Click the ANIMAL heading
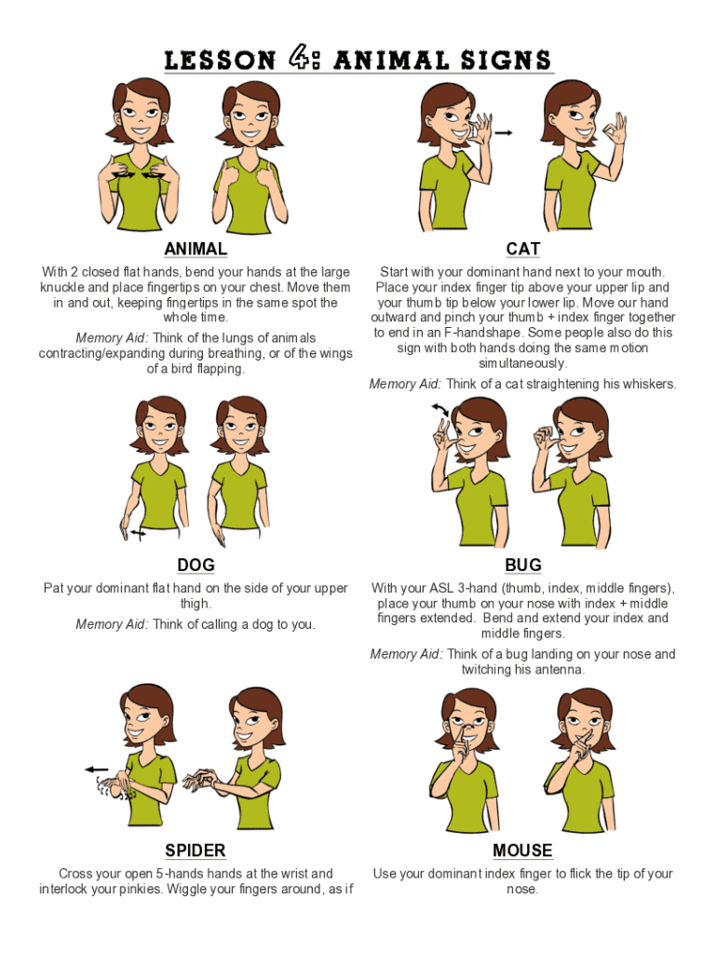coord(196,249)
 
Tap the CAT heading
coord(523,249)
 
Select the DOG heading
coord(196,566)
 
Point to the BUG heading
coord(523,566)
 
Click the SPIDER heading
coord(196,851)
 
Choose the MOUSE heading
coord(522,851)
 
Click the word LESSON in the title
coord(220,61)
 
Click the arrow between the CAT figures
coord(502,132)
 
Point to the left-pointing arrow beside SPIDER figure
coord(96,770)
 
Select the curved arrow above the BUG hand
coord(440,409)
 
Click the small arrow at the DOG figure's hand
coord(139,534)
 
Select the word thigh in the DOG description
coord(195,604)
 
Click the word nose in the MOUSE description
coord(521,889)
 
